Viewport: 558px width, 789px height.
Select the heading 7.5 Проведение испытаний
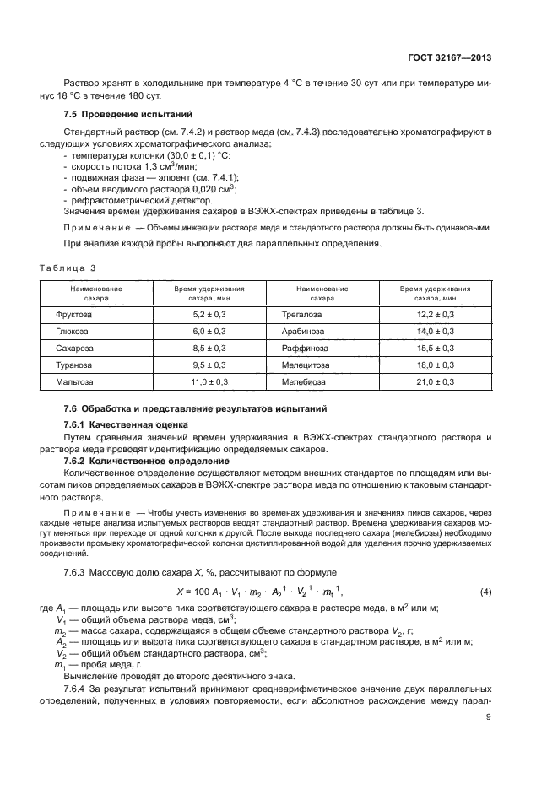117,113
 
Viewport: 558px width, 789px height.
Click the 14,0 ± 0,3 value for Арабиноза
435,331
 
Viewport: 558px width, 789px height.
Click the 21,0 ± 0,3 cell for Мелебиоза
435,382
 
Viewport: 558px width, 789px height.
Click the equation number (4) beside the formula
485,592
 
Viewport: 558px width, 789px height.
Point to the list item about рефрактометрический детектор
138,200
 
